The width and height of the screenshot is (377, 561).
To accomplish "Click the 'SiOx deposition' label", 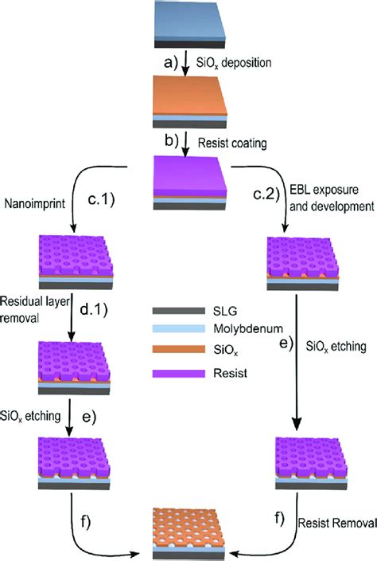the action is coord(234,63).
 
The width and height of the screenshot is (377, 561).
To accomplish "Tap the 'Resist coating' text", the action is coord(232,143).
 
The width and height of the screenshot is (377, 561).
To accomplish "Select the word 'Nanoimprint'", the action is coord(35,203).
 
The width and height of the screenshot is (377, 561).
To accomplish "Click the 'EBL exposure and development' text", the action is coord(332,198).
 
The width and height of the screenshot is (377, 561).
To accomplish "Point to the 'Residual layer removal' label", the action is coord(35,309).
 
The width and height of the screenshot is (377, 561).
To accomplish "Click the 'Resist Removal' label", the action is coord(337,523).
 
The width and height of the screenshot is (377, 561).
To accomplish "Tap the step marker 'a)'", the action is coord(170,63).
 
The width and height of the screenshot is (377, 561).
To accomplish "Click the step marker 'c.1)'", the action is coord(101,200).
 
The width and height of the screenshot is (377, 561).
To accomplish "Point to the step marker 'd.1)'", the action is coord(94,310).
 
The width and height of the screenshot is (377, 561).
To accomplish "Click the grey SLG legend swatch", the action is coord(178,311).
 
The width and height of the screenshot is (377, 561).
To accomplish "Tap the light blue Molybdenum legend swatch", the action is coord(178,328).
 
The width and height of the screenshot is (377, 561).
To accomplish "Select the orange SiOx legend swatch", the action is coord(178,349).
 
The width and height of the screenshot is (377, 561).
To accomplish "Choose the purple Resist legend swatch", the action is coord(178,373).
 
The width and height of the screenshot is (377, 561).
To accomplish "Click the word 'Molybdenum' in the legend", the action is coord(248,329).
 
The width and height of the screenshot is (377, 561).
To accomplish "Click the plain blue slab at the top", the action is coord(189,24).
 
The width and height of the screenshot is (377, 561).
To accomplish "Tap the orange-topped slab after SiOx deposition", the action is coord(189,102).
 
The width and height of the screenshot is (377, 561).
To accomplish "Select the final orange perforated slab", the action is coord(189,533).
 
